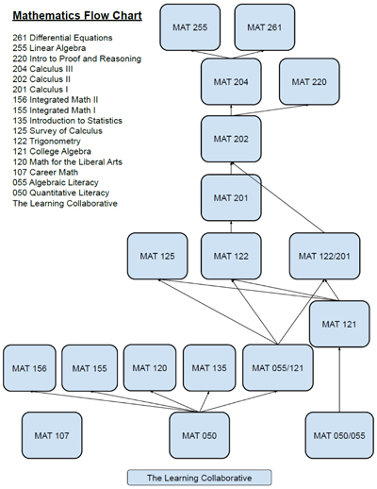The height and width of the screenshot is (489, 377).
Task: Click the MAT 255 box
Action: (190, 27)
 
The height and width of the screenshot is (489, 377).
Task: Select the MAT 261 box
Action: (265, 27)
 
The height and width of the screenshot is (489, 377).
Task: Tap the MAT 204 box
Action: (231, 82)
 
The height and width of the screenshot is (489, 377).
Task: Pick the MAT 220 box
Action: (309, 82)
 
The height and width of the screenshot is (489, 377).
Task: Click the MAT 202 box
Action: (231, 139)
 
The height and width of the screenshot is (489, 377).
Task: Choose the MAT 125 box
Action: (157, 256)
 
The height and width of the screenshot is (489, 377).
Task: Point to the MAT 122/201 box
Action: (324, 256)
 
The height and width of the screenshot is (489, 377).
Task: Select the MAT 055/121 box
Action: (278, 368)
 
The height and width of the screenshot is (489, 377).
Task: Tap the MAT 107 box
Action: (52, 435)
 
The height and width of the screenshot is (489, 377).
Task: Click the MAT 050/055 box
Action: (339, 435)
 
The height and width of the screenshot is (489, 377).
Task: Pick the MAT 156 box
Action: (29, 368)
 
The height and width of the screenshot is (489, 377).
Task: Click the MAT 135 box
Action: (209, 368)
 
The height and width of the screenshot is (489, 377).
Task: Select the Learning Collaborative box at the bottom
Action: (200, 478)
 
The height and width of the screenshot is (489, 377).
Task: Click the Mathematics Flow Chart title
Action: (77, 16)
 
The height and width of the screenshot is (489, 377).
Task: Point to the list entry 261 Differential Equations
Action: (62, 38)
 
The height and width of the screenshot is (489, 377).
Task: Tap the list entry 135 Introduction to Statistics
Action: (68, 121)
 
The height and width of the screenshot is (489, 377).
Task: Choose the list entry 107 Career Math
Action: (45, 172)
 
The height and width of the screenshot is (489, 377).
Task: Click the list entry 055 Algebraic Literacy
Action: (56, 182)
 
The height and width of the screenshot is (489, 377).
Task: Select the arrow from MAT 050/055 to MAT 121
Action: (339, 379)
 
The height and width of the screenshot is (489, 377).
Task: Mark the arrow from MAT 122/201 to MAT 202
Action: (278, 197)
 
